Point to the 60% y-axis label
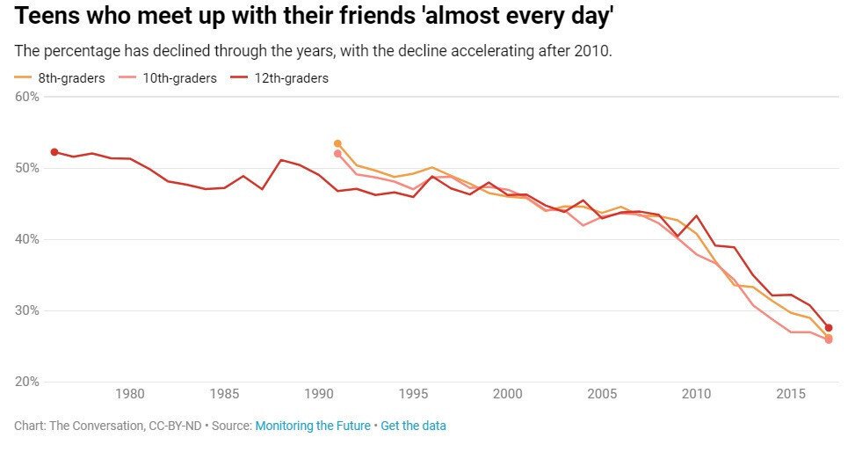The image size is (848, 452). click(x=27, y=97)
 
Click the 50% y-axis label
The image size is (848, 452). click(x=27, y=168)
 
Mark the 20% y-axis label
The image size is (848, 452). click(x=27, y=382)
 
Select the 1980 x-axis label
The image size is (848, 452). click(x=129, y=393)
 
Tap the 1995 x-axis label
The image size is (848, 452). click(x=413, y=393)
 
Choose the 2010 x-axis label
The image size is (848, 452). click(x=696, y=393)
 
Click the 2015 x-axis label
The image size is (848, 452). click(x=791, y=393)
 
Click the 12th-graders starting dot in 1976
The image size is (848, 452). click(x=54, y=152)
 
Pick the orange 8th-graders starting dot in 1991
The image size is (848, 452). click(x=337, y=143)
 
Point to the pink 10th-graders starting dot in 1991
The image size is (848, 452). click(x=337, y=154)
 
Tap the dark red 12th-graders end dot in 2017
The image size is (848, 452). click(x=829, y=328)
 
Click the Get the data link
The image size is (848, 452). click(x=413, y=426)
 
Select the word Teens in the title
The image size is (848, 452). click(x=44, y=16)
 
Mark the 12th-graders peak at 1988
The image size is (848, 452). click(x=280, y=160)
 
